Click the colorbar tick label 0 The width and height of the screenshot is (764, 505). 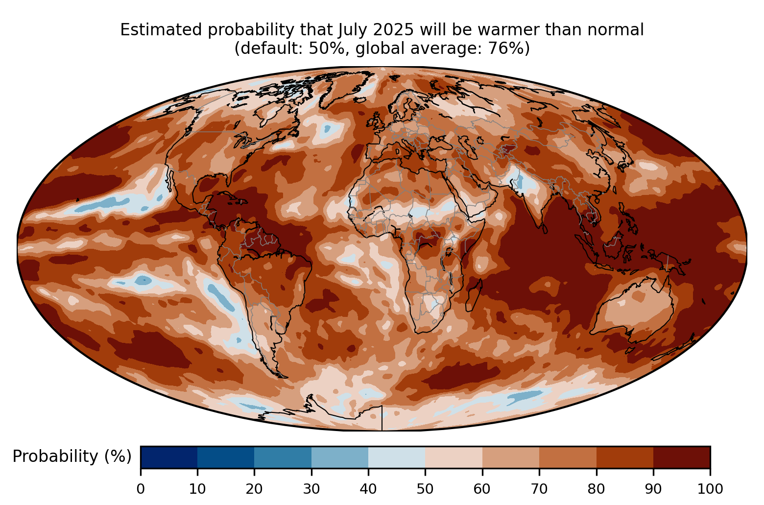(141, 488)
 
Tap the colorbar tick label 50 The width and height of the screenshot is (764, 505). (425, 488)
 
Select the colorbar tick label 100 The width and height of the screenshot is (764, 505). (710, 488)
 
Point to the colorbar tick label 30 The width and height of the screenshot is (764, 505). (311, 488)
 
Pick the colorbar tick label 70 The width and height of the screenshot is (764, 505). (539, 488)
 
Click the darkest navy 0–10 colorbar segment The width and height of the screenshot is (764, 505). (169, 457)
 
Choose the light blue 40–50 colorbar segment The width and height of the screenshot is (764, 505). (397, 457)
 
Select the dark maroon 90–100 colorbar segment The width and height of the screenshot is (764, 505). (681, 457)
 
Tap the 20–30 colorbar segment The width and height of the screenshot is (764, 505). (283, 457)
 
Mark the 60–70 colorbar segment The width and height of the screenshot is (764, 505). (510, 457)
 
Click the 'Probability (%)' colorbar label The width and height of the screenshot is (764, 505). (72, 457)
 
